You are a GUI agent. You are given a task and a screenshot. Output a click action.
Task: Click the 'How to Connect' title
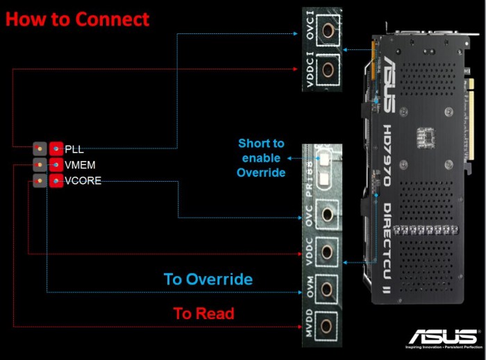click(x=77, y=19)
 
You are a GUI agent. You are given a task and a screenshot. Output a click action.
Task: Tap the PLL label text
click(x=74, y=148)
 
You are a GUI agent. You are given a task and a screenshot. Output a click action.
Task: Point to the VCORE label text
click(x=83, y=181)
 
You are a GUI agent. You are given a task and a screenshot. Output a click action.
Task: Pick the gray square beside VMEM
click(x=40, y=165)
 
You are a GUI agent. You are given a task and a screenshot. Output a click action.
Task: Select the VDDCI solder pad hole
click(x=327, y=71)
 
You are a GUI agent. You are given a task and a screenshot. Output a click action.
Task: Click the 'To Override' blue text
click(x=208, y=280)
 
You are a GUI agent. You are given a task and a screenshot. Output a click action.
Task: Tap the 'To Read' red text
click(x=203, y=314)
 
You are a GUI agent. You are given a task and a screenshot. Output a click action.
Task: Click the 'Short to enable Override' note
click(x=261, y=157)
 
